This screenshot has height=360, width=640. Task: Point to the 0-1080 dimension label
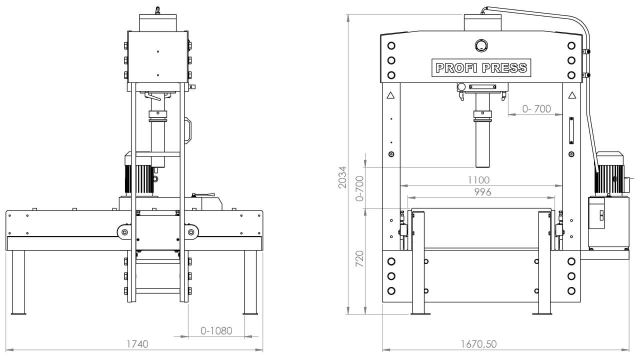(x=216, y=331)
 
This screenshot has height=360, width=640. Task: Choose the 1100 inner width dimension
(x=479, y=180)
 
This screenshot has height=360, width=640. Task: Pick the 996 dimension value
(x=482, y=192)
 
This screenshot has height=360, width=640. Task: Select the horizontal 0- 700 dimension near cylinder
(x=536, y=108)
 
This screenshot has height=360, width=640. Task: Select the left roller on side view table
(x=123, y=232)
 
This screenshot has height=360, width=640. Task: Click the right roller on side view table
(x=191, y=232)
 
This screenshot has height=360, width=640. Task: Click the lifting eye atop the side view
(x=157, y=9)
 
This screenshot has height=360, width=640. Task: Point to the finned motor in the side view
(x=137, y=177)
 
